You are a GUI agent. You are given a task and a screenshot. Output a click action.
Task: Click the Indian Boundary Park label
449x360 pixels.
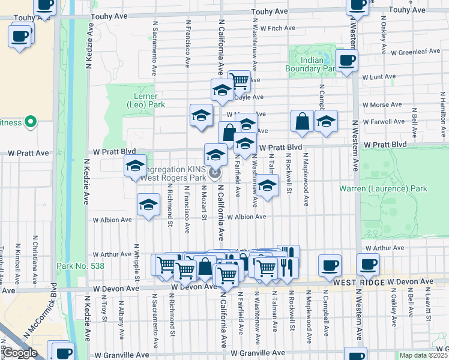click(x=312, y=65)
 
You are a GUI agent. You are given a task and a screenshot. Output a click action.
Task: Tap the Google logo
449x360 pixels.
click(x=20, y=353)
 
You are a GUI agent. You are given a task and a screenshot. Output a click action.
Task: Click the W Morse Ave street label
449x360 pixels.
click(x=382, y=104)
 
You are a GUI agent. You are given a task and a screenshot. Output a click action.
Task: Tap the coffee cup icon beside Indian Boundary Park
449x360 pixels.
click(x=347, y=61)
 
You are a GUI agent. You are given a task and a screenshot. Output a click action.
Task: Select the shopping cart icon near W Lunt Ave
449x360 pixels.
click(x=239, y=80)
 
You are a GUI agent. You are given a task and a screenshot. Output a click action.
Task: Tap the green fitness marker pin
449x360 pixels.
click(x=29, y=123)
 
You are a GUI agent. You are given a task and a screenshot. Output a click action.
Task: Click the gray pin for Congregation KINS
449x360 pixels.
click(x=215, y=173)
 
